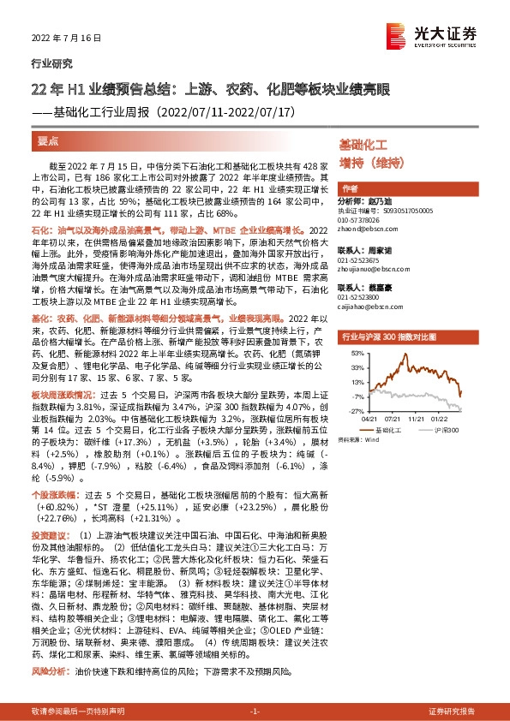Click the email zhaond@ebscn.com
click(x=364, y=229)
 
